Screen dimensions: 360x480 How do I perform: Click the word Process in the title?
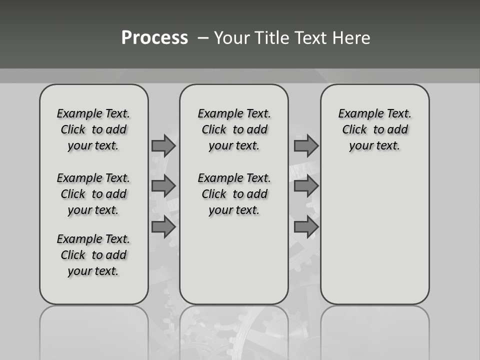154,38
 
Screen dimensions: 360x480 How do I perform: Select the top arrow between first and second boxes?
163,145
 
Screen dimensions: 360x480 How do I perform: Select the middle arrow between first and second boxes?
163,186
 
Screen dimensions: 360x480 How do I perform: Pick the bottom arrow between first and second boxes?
163,227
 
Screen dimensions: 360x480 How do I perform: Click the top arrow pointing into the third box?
306,145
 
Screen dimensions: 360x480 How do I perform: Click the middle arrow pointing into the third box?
306,186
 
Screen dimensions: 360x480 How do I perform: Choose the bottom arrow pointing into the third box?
306,227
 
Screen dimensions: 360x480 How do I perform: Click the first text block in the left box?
93,129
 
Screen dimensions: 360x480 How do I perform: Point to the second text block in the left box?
93,194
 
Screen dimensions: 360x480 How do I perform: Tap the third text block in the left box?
93,255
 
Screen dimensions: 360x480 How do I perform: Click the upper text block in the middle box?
234,129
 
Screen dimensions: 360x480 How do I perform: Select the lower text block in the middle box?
234,194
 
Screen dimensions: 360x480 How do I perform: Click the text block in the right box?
374,129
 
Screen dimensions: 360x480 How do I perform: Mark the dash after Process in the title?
203,38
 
